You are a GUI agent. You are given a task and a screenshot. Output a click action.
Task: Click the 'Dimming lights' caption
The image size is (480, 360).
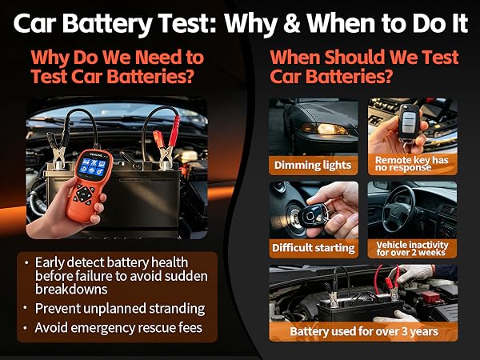coord(313,166)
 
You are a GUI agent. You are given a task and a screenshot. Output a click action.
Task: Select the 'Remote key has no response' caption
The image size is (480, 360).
coord(411,164)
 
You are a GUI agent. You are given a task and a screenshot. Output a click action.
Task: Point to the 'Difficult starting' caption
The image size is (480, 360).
coord(313,248)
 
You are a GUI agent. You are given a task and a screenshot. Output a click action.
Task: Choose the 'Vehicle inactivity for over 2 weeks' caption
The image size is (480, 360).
coord(412,249)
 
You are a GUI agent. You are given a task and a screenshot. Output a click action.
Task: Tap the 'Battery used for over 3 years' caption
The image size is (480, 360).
coord(364,331)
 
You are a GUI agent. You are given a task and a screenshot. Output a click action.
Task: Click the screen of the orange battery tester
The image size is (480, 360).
coord(91,167)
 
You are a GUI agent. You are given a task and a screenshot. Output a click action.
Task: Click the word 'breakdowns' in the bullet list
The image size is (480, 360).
coord(71,290)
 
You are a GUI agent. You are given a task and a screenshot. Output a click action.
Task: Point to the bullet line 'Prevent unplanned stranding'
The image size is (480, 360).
coord(120,309)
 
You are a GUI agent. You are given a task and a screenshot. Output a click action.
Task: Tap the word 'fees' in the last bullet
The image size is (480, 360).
coord(190,327)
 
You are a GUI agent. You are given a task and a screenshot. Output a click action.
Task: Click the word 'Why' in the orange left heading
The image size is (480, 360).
coord(50,58)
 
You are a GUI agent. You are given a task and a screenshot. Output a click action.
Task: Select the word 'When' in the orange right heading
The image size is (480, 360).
coord(294,57)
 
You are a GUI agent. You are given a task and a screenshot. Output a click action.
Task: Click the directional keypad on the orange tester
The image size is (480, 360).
coord(83,194)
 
